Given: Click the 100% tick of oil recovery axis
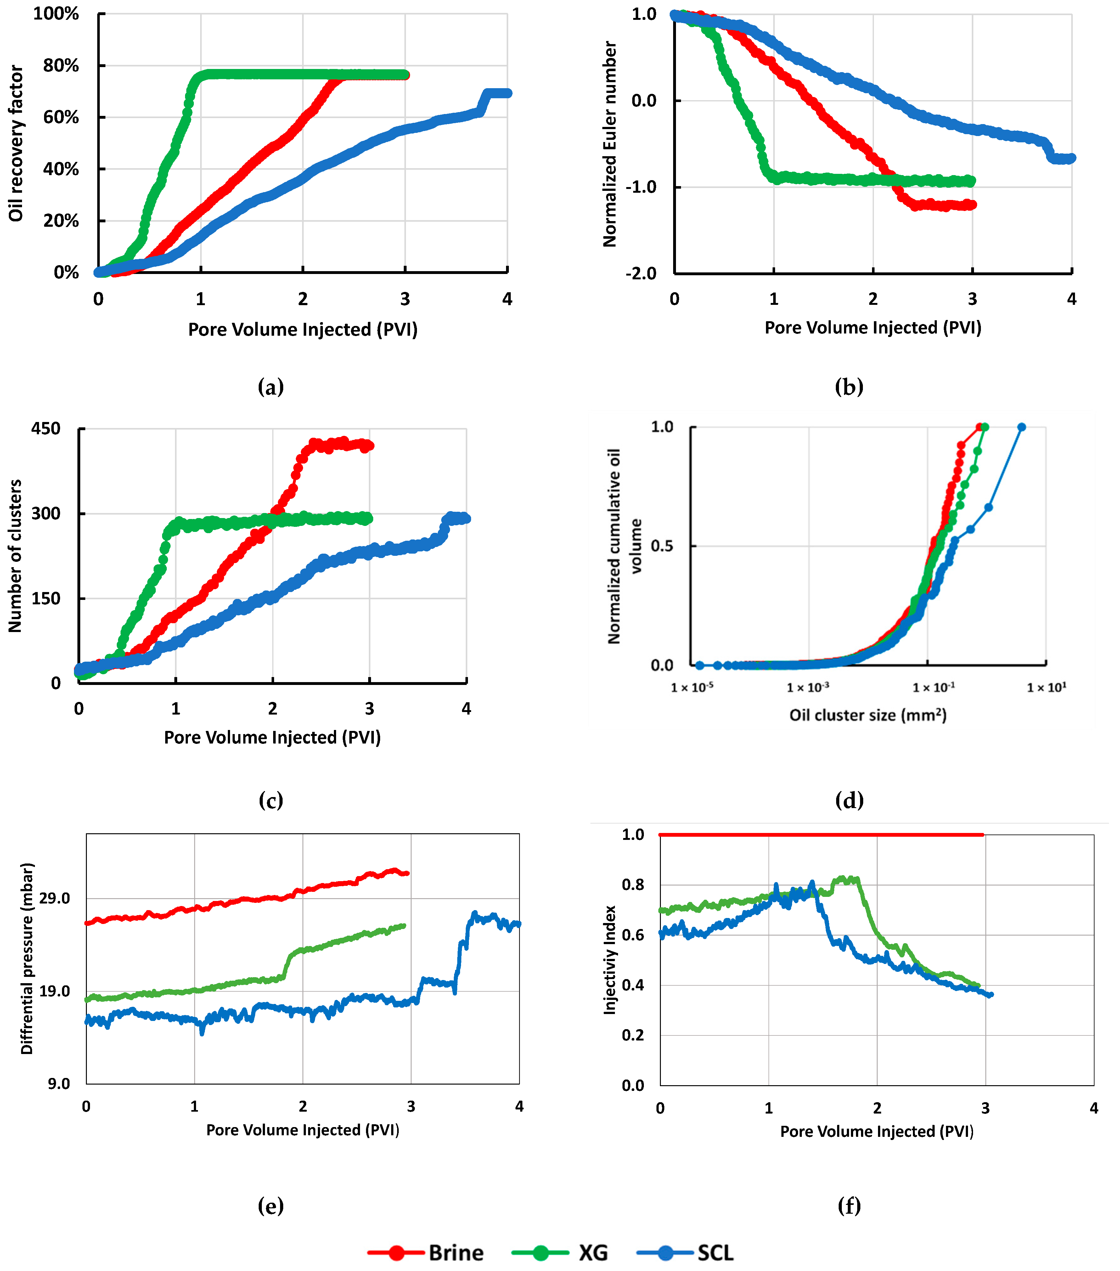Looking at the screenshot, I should (56, 14).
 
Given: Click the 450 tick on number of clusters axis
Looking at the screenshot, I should (46, 428).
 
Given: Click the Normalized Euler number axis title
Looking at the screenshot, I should (610, 144).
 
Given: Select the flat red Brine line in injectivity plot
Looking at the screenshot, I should (820, 835).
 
